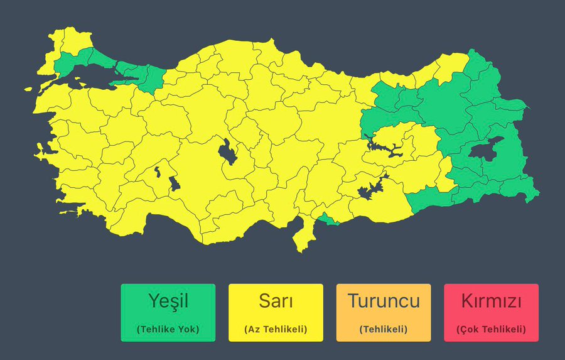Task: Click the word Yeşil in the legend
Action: [x=168, y=302]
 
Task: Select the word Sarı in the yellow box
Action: [x=276, y=302]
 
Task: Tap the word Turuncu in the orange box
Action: [x=384, y=302]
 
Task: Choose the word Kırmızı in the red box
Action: [x=491, y=302]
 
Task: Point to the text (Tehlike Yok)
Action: [x=168, y=329]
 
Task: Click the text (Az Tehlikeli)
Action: [x=276, y=329]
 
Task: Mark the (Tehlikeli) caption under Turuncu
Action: [x=384, y=329]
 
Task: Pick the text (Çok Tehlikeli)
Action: [x=491, y=329]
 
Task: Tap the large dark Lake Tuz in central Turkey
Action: [x=227, y=153]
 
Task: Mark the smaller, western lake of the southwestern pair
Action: [x=157, y=172]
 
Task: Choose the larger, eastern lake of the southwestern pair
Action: [x=173, y=184]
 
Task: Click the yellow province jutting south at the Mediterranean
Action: [x=304, y=236]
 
